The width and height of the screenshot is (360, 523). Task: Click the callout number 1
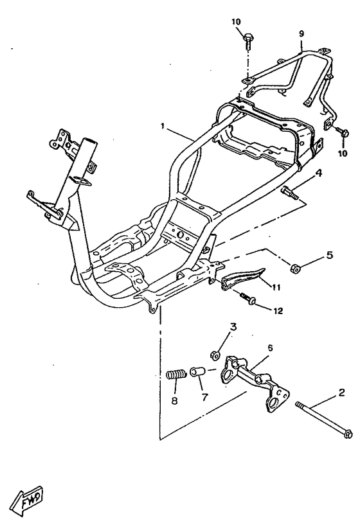pos(163,126)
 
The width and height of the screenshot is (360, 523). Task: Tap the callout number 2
pos(341,393)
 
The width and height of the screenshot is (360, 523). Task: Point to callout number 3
pos(233,327)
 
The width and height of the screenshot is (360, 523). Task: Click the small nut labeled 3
pos(215,355)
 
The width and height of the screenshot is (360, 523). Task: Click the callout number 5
pos(329,255)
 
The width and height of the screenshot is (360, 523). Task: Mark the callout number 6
pos(270,348)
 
